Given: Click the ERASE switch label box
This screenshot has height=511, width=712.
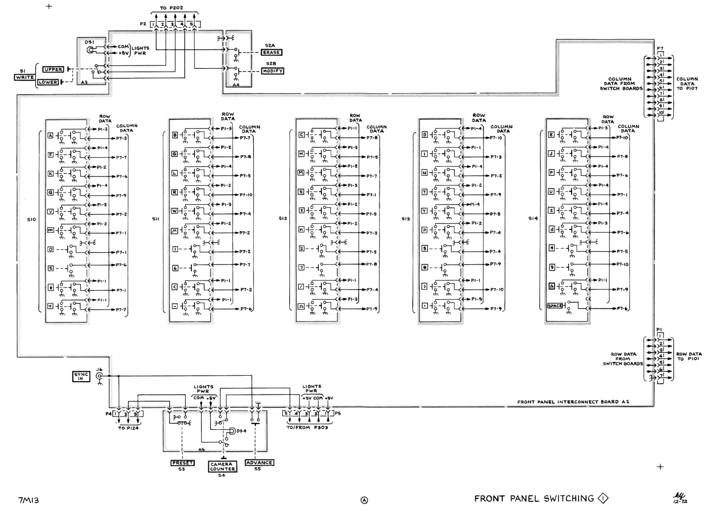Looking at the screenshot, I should point(271,52).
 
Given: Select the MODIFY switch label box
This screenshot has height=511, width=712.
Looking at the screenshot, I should point(272,71).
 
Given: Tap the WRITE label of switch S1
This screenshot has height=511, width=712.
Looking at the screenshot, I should point(24,77).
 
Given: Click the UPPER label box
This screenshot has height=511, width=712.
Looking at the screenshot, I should point(53,69).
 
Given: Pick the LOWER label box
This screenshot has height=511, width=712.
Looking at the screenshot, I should point(48,82).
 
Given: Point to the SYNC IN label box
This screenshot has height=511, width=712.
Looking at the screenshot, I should point(81,377).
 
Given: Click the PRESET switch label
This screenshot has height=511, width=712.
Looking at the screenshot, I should point(182,463).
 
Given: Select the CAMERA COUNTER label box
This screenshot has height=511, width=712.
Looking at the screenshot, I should point(222,467).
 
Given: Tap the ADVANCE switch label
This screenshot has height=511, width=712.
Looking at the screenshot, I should point(259,463).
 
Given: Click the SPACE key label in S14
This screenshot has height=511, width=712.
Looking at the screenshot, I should point(555,306).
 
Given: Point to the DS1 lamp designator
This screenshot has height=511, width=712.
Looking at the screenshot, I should point(90,42).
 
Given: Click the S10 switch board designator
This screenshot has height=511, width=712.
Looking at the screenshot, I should point(31,220).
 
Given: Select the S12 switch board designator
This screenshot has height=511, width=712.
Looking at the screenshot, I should point(283,219).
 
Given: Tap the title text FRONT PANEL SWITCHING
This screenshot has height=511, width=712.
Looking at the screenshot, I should point(534,499).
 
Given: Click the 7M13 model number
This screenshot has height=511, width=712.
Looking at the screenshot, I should point(28,500).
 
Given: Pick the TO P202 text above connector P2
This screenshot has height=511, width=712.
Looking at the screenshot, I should point(171,8).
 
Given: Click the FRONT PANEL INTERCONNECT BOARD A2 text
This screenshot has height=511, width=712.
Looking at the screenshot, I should point(573,402).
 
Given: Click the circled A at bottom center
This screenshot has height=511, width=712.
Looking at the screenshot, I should point(364,500).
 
